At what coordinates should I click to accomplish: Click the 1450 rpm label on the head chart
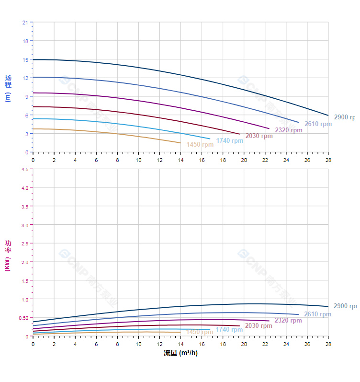[200, 144]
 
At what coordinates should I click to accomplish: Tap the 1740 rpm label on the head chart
[229, 140]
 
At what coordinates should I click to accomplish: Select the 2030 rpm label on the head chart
[259, 136]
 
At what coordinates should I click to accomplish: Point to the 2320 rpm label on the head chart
[289, 130]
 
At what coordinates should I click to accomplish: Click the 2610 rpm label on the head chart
[318, 124]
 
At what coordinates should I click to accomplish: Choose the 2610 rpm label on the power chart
[318, 314]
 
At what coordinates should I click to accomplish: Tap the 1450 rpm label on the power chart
[200, 332]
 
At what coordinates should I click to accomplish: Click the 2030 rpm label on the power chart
[259, 326]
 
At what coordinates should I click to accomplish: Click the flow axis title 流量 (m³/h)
[180, 353]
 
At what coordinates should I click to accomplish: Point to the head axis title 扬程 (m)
[8, 87]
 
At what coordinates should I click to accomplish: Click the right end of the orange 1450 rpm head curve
[180, 143]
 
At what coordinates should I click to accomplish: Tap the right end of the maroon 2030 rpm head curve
[239, 134]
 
